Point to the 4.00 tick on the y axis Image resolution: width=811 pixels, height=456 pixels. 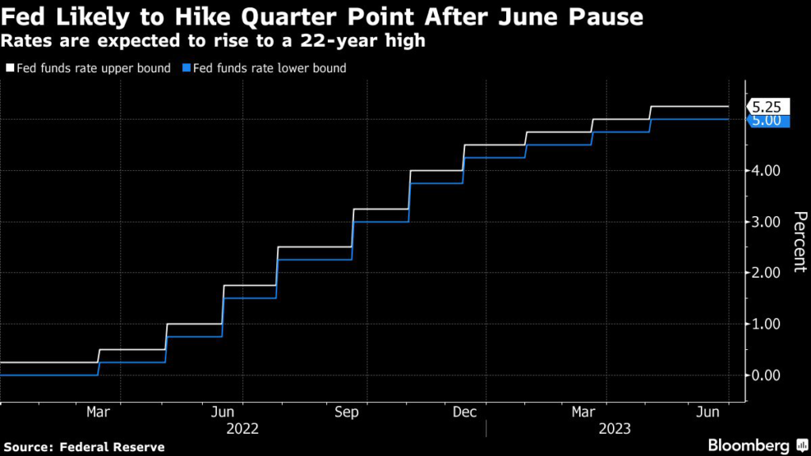pos(766,171)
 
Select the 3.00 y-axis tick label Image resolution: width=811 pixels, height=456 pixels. pos(766,222)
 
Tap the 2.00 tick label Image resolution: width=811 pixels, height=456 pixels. pos(766,273)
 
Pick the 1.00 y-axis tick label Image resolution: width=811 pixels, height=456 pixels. pos(766,324)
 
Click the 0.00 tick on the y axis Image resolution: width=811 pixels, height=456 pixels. pos(766,375)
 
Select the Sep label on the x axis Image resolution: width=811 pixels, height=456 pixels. pos(346,412)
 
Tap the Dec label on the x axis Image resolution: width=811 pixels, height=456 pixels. pos(465,412)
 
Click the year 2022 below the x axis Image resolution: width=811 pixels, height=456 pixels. pos(242,429)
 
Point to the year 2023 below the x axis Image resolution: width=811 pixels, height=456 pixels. pos(614,429)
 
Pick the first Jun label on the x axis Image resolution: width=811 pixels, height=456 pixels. pos(223,412)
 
